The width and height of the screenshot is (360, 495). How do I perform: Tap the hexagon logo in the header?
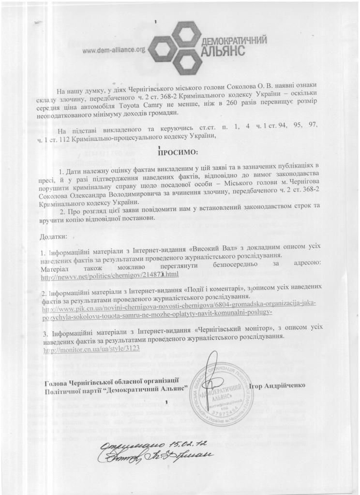click(173, 39)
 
